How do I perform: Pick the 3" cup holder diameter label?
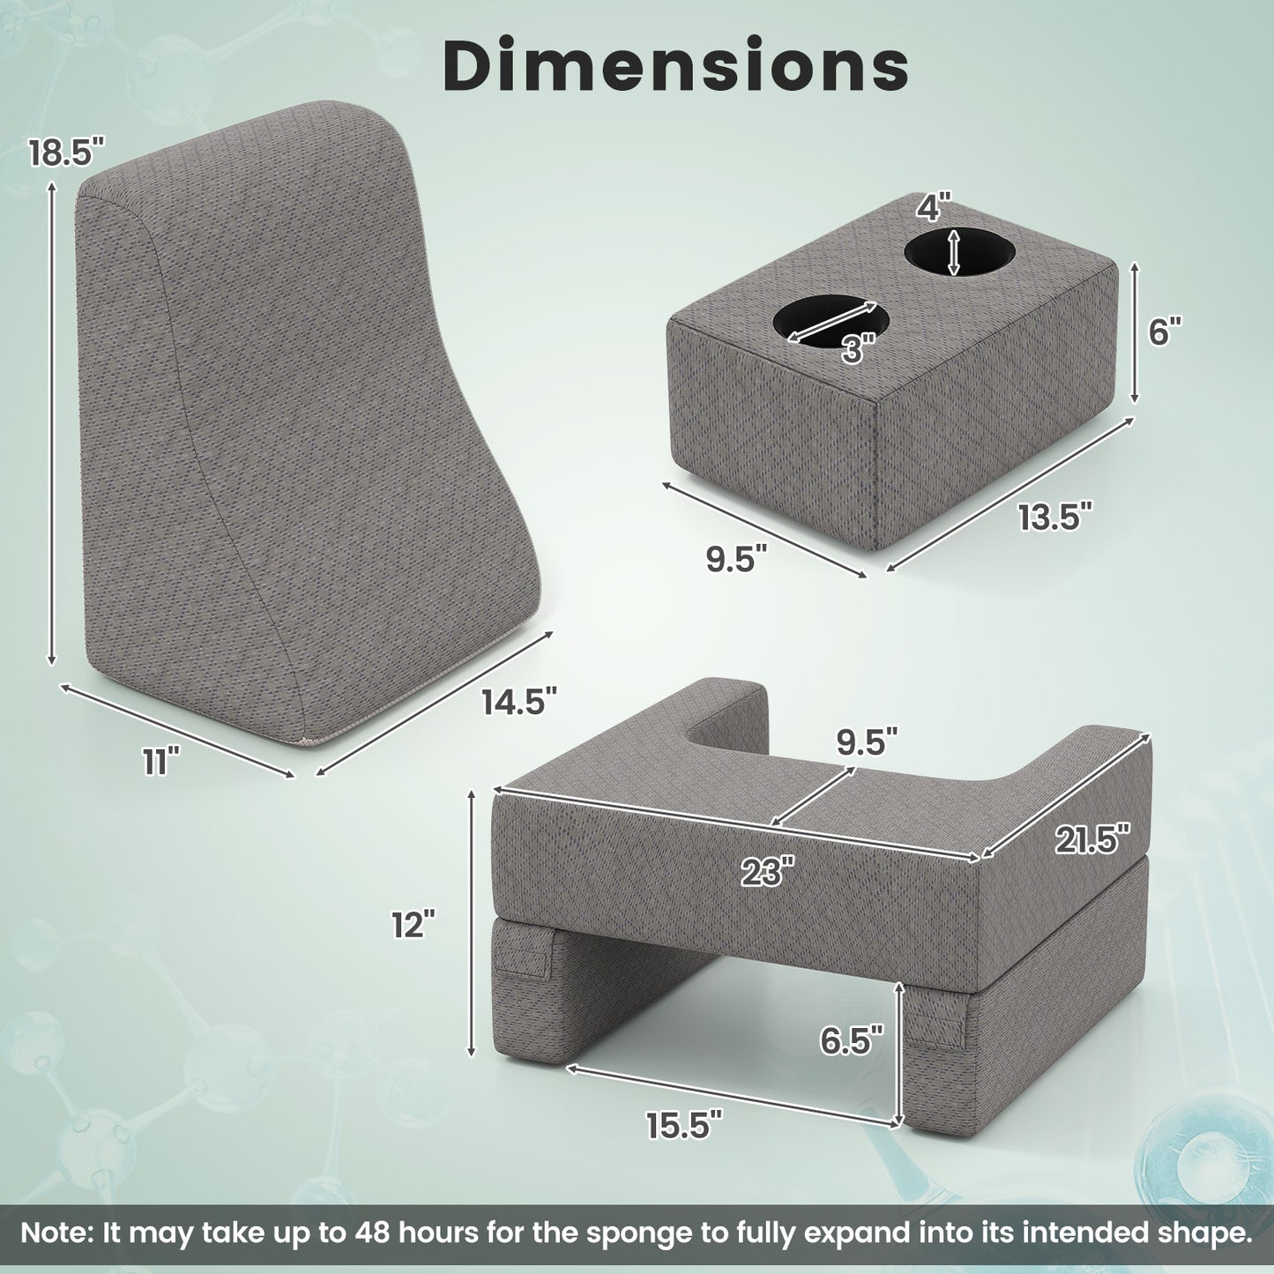[x=858, y=347]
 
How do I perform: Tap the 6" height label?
[x=1165, y=331]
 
